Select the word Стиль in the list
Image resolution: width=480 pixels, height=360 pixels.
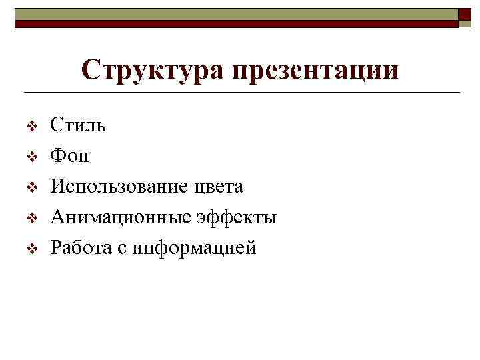pos(78,125)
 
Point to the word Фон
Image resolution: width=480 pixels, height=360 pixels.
pos(70,156)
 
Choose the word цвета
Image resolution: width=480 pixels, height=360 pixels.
pos(217,187)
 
